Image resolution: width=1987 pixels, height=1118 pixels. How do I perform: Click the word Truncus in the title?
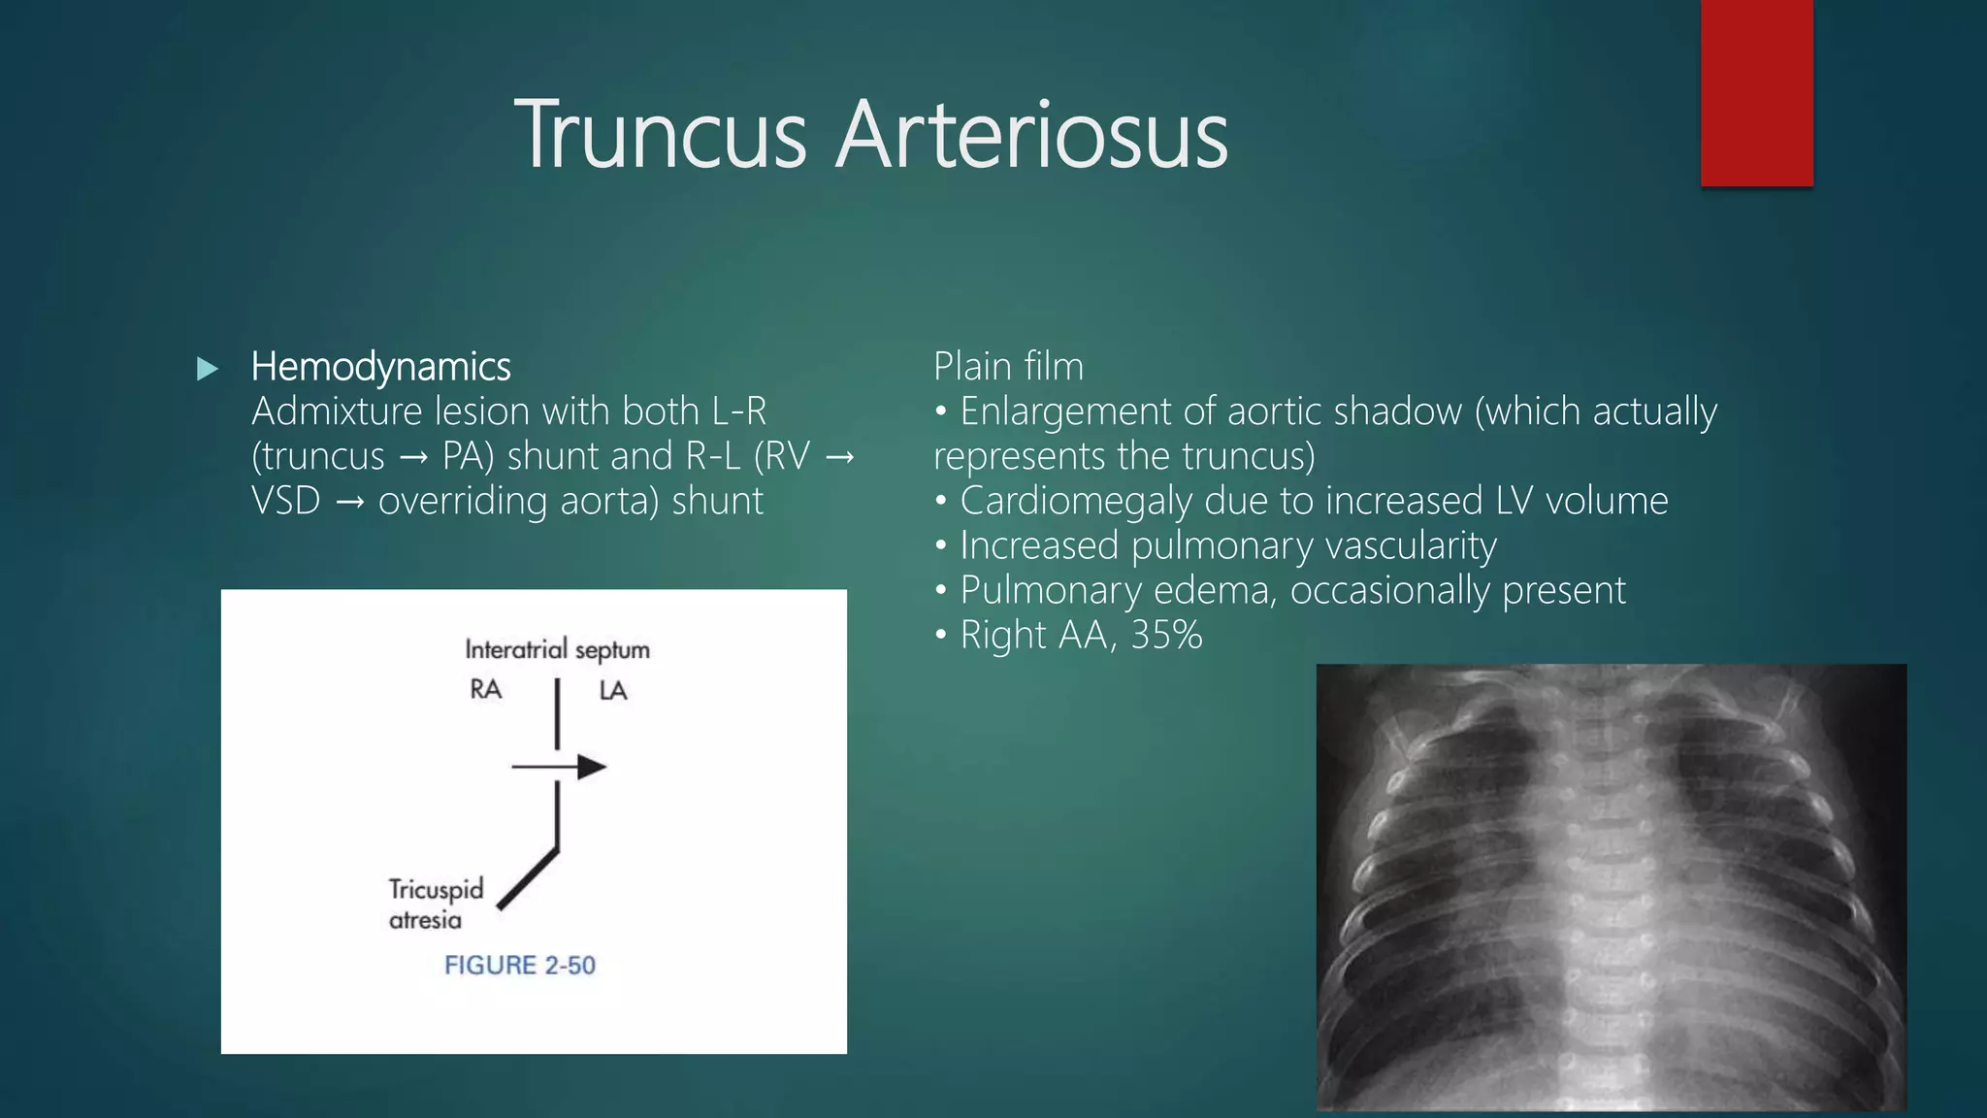click(661, 135)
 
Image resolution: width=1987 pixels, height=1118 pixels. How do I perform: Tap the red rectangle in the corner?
click(1756, 93)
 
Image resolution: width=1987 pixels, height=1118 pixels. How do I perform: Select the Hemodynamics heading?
click(380, 367)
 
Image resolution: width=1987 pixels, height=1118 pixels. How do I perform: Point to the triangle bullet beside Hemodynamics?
click(207, 369)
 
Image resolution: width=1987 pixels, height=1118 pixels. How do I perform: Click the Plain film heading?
click(1008, 367)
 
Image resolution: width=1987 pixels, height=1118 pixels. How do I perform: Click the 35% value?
click(1166, 636)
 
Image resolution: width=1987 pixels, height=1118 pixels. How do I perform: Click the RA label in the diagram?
click(485, 690)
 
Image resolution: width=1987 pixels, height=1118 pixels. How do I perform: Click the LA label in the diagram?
click(612, 691)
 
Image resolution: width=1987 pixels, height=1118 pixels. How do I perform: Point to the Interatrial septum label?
click(557, 649)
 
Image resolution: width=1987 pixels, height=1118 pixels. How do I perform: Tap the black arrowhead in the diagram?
click(591, 768)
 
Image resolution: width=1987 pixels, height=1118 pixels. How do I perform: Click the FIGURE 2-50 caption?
click(519, 966)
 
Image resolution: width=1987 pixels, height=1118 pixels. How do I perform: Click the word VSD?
click(285, 502)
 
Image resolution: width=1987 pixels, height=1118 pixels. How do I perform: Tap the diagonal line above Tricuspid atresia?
click(529, 879)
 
